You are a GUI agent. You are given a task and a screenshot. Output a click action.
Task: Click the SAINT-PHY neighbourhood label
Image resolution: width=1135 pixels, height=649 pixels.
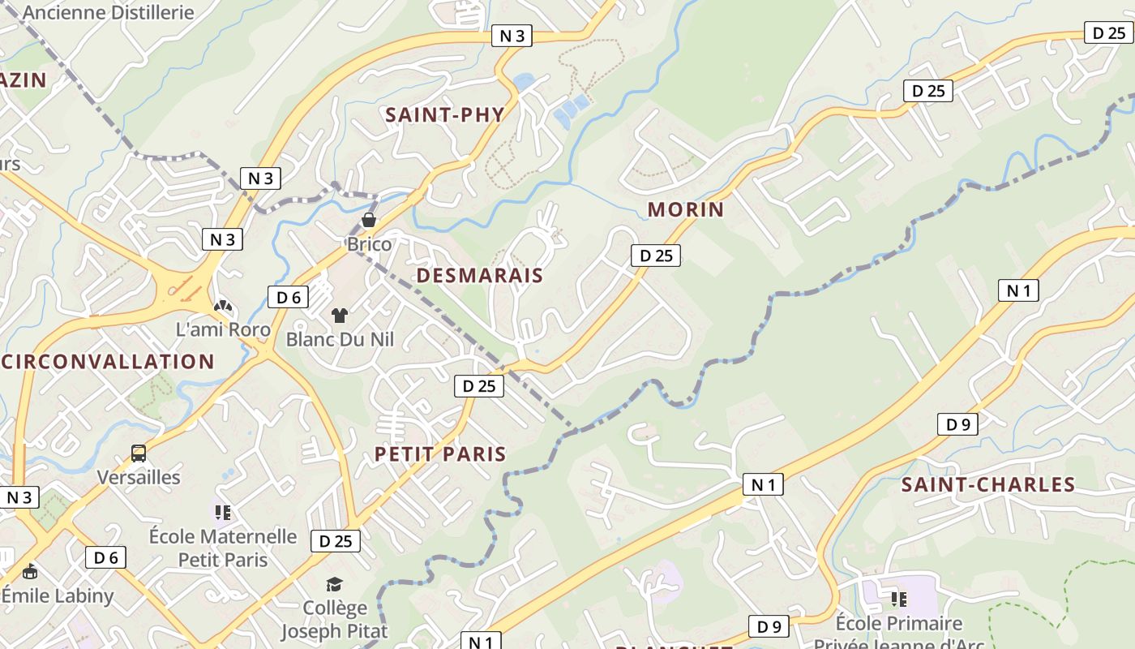click(444, 114)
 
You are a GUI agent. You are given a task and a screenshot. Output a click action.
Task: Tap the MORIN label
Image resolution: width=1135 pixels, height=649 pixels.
click(685, 209)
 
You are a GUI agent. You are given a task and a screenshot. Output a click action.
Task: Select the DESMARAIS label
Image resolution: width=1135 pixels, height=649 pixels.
click(479, 275)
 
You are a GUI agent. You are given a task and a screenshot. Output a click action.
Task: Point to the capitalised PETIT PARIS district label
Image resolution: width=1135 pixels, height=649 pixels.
click(440, 454)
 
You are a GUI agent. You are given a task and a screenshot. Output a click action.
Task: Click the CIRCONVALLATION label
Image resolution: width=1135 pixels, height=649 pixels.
click(109, 362)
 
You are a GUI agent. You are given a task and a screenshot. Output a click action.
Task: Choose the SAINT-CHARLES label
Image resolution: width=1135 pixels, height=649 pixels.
click(988, 485)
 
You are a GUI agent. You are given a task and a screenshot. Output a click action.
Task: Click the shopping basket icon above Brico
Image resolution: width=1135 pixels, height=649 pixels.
click(369, 220)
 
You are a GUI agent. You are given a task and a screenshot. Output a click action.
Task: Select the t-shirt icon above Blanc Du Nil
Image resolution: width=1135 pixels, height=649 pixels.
click(339, 316)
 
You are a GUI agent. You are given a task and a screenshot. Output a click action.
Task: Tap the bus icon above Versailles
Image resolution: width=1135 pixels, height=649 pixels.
click(139, 453)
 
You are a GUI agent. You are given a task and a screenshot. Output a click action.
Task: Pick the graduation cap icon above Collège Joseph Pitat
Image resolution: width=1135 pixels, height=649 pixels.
click(334, 584)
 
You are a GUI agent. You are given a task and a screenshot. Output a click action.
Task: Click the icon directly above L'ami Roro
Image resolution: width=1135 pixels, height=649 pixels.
click(223, 306)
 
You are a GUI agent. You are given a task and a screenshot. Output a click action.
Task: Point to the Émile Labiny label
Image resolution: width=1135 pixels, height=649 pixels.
click(58, 595)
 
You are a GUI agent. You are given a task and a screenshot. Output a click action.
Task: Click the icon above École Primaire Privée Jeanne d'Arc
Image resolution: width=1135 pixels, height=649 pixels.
click(898, 600)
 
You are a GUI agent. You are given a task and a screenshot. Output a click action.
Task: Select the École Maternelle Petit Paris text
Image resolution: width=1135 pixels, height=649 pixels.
click(223, 548)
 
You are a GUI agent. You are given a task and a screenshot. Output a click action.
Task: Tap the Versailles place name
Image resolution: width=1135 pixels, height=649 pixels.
click(139, 477)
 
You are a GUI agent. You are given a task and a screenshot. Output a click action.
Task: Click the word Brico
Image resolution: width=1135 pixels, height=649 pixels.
click(369, 244)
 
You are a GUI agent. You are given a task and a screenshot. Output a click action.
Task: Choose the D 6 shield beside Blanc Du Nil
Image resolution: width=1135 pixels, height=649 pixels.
click(288, 297)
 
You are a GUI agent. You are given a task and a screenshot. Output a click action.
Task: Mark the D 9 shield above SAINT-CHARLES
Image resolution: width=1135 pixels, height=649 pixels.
click(957, 423)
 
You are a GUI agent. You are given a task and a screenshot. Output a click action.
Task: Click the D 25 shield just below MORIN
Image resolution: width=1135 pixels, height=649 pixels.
click(656, 256)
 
